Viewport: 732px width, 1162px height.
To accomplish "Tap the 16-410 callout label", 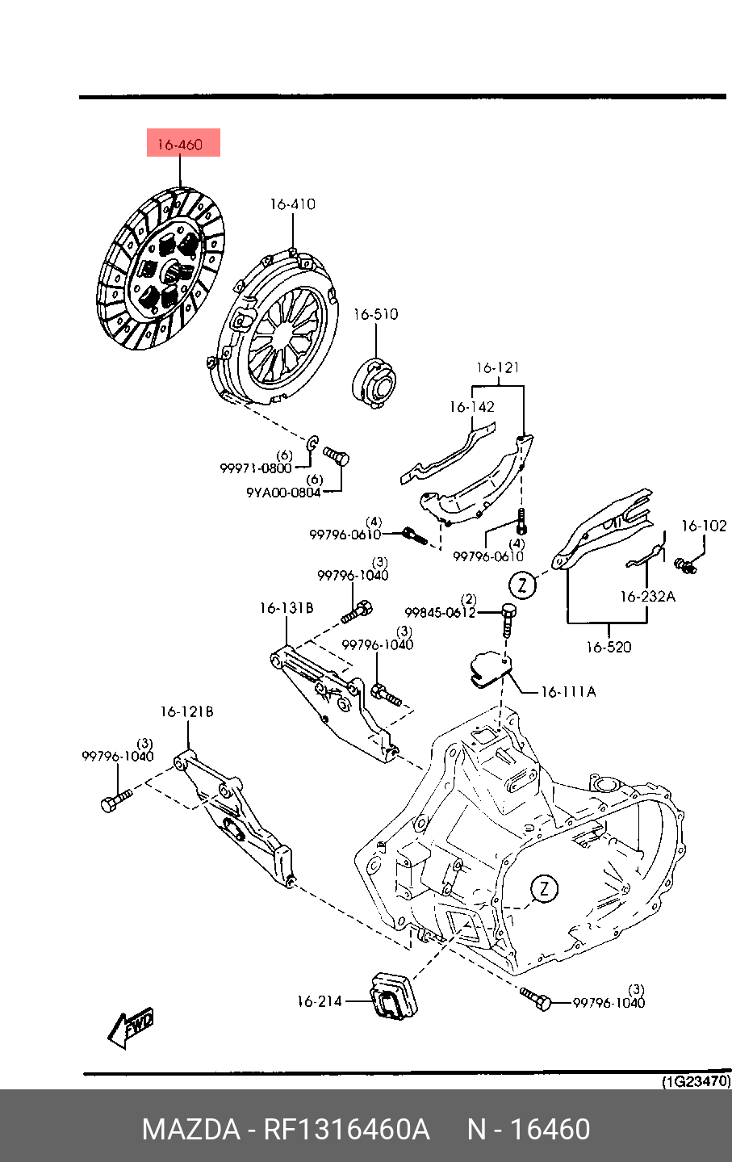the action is click(x=292, y=203).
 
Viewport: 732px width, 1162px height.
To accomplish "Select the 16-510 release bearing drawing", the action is click(x=374, y=384).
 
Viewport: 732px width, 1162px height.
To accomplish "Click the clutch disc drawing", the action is click(x=161, y=268).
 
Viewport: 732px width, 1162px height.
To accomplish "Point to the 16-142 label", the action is click(x=472, y=407).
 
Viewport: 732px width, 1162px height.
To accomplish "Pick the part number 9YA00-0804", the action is click(x=283, y=492).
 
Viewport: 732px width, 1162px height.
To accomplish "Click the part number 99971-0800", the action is click(x=256, y=468).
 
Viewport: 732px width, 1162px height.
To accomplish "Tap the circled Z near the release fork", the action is click(x=522, y=585).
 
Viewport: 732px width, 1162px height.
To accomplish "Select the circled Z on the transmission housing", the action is click(x=544, y=889).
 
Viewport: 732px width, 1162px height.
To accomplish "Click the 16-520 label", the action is click(x=609, y=647).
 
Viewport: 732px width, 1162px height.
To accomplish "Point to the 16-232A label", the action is click(x=647, y=597).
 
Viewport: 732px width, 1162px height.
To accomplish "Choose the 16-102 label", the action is click(x=704, y=526).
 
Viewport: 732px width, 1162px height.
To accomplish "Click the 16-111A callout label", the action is click(x=568, y=691).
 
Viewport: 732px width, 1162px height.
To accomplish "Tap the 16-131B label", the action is click(x=287, y=607).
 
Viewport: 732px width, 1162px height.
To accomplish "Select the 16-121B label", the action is click(x=186, y=711).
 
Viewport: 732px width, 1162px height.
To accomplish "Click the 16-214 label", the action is click(x=320, y=1001).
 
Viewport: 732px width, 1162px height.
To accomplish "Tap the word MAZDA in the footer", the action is click(x=190, y=1130).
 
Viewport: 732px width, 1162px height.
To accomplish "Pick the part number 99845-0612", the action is click(x=440, y=613).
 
